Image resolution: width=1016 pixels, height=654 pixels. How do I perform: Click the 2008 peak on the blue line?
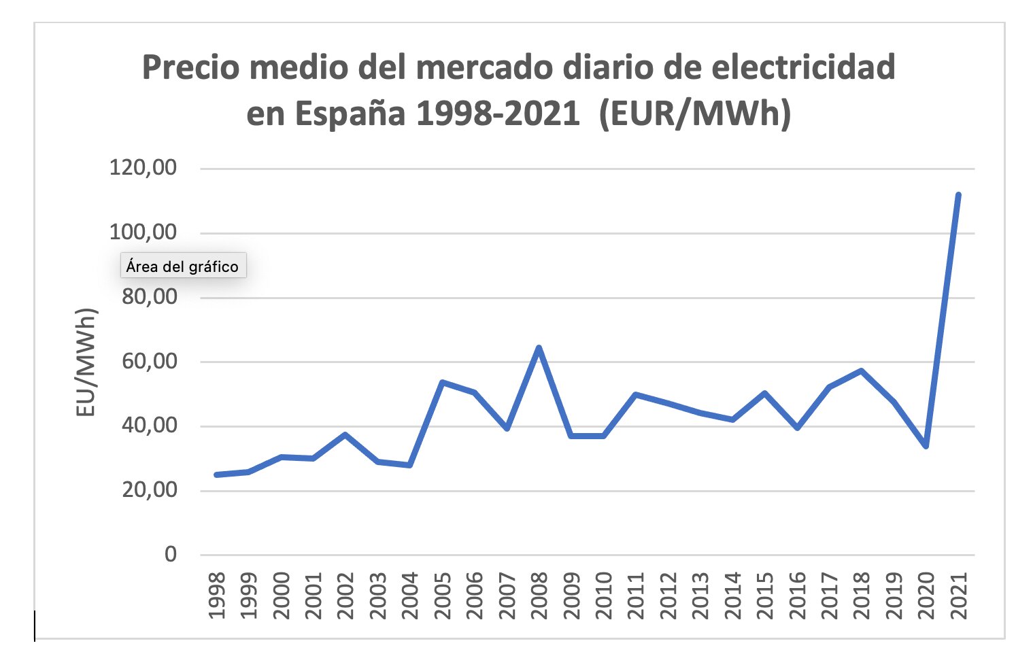[x=539, y=348]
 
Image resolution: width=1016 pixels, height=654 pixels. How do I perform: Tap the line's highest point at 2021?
[x=958, y=195]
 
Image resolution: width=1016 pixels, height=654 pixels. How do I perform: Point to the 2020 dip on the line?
[x=926, y=445]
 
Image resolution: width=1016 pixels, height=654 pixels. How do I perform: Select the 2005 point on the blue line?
[x=442, y=383]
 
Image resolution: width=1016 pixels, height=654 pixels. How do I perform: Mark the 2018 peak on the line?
[x=861, y=371]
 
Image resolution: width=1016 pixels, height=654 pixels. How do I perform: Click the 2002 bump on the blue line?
[x=345, y=434]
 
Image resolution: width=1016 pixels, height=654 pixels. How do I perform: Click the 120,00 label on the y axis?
[x=143, y=167]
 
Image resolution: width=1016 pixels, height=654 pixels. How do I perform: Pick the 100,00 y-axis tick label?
[x=143, y=232]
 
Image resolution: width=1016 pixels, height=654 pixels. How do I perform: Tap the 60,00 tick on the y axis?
[x=149, y=361]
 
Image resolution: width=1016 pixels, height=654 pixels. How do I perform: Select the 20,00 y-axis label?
[x=149, y=489]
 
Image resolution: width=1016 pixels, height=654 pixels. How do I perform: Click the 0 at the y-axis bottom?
[x=170, y=554]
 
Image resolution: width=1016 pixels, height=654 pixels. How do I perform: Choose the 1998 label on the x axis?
[x=216, y=596]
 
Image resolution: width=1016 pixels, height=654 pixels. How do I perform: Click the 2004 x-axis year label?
[x=409, y=596]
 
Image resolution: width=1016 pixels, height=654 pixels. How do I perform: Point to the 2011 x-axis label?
[x=636, y=596]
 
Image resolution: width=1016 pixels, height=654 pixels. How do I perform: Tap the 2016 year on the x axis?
[x=797, y=596]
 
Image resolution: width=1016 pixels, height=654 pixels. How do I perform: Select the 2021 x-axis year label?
[x=958, y=596]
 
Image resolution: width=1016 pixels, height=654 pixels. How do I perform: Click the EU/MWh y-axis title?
[x=86, y=362]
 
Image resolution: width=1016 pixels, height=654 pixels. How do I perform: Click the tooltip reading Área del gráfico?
[x=182, y=266]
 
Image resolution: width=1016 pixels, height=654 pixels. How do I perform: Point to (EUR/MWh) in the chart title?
[x=694, y=114]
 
